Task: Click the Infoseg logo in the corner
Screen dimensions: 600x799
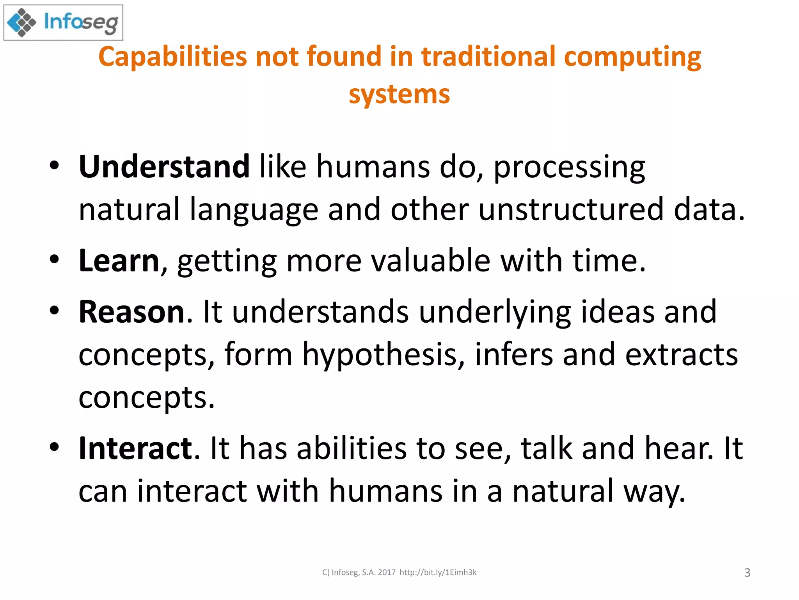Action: [x=63, y=22]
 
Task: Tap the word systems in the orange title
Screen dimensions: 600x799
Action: [x=399, y=95]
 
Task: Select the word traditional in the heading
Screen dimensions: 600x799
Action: [x=488, y=57]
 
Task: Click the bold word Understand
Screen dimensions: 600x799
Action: [x=164, y=167]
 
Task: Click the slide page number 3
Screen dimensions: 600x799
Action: [x=747, y=573]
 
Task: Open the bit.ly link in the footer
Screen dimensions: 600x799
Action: [x=438, y=573]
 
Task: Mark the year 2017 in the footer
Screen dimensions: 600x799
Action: [x=387, y=573]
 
